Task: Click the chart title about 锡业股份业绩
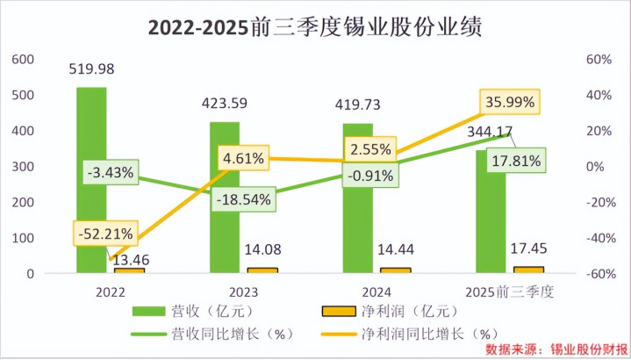coord(314,27)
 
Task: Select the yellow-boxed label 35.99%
coord(509,102)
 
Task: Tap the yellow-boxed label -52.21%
coord(104,234)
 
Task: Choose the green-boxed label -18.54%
coord(247,198)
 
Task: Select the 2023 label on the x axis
coord(225,291)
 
